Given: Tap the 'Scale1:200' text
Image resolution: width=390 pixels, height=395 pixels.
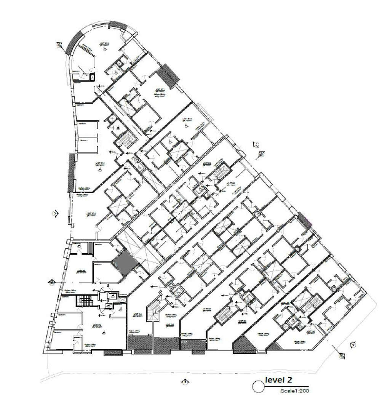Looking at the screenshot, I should point(293,390).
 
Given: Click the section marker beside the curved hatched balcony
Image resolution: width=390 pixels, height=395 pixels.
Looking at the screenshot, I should point(58,45).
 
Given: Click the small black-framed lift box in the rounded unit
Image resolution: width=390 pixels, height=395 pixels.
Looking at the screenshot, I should point(92,77).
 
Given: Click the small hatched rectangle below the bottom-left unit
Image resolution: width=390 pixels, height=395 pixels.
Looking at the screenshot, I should point(114,352).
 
